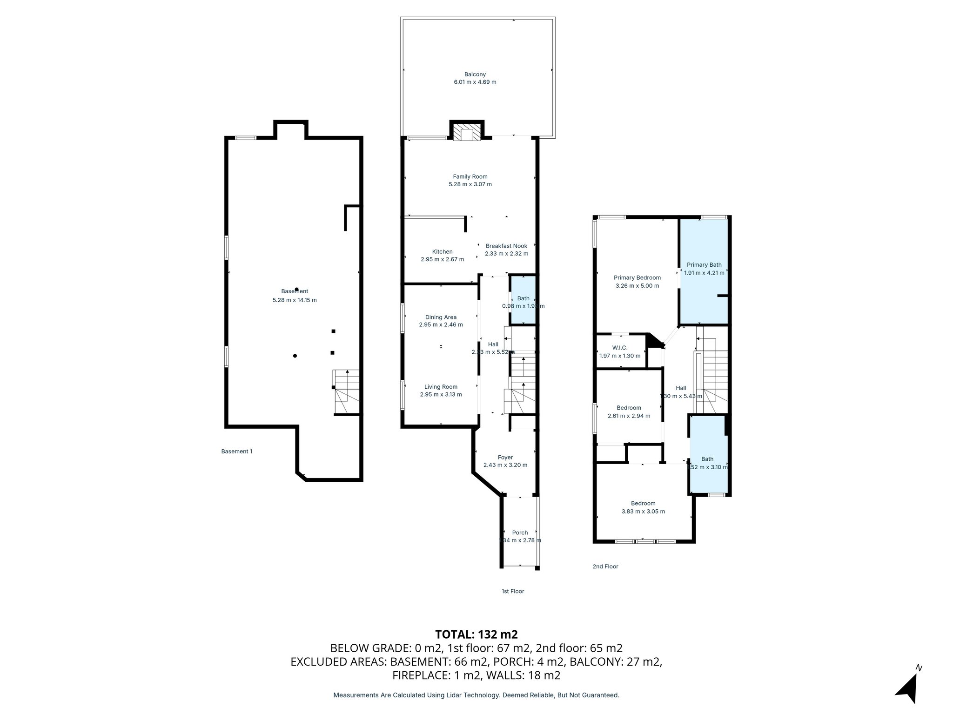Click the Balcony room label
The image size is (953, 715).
(x=475, y=74)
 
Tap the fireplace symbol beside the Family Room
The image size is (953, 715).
(x=467, y=132)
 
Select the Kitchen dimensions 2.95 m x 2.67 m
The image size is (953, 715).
(x=442, y=259)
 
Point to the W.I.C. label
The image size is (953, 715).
(x=619, y=348)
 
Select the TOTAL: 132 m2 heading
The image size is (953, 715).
(x=476, y=634)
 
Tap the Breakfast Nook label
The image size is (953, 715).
(x=506, y=246)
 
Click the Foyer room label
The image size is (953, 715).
(x=505, y=457)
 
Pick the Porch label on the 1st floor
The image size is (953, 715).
(x=520, y=533)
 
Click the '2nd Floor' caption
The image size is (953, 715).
(x=605, y=567)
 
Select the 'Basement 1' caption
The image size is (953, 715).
(x=236, y=451)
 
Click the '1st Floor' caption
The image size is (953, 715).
(x=512, y=591)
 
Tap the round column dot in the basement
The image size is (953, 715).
(x=295, y=356)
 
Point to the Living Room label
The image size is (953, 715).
(x=441, y=386)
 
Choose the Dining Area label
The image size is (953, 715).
(x=441, y=317)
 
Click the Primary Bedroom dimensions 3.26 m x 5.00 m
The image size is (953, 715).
(x=637, y=286)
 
